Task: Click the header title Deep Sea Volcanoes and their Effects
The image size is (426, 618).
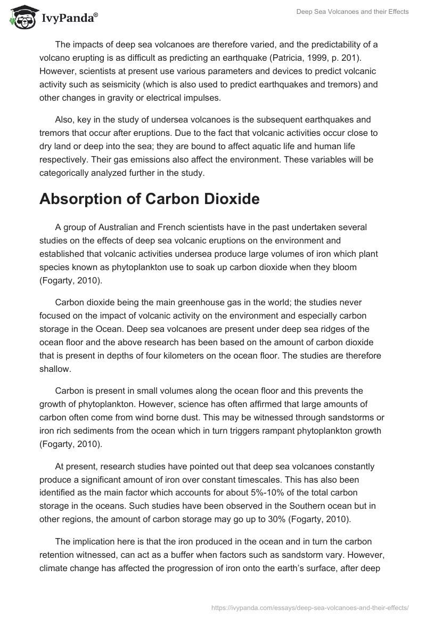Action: (x=352, y=12)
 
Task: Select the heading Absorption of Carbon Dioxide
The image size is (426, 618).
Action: (x=149, y=199)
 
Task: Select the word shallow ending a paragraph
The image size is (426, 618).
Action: (x=56, y=369)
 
